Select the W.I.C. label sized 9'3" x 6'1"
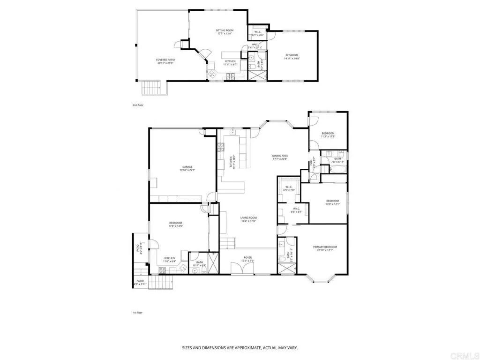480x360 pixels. (297, 210)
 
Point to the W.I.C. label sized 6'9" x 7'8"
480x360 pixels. (288, 188)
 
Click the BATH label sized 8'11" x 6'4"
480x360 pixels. (199, 264)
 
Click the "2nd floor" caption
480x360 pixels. (138, 105)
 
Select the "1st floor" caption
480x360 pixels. (137, 312)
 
